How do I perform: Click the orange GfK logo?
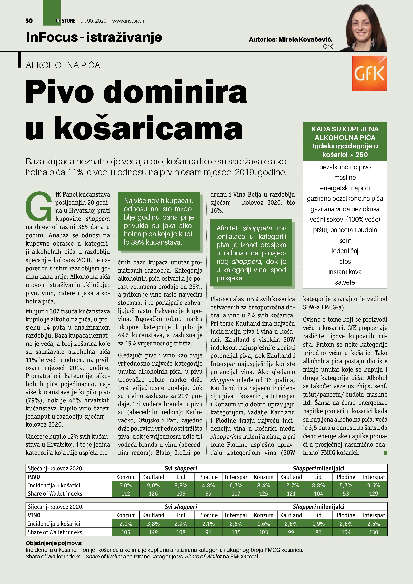(x=369, y=73)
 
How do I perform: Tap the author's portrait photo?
(x=366, y=28)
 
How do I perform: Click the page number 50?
(x=29, y=21)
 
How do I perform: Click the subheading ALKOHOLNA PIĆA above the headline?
(x=63, y=65)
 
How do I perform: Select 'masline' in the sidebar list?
(x=345, y=178)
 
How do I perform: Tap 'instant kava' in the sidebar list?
(x=345, y=272)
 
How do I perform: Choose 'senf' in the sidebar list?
(x=345, y=240)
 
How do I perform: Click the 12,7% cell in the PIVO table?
(x=291, y=485)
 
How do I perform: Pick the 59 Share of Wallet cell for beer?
(x=208, y=494)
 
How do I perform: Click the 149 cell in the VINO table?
(x=153, y=532)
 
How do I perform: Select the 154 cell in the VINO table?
(x=346, y=532)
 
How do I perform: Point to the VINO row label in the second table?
(x=34, y=515)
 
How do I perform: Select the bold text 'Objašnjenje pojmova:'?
(x=54, y=543)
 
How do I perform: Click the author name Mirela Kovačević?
(x=305, y=39)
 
